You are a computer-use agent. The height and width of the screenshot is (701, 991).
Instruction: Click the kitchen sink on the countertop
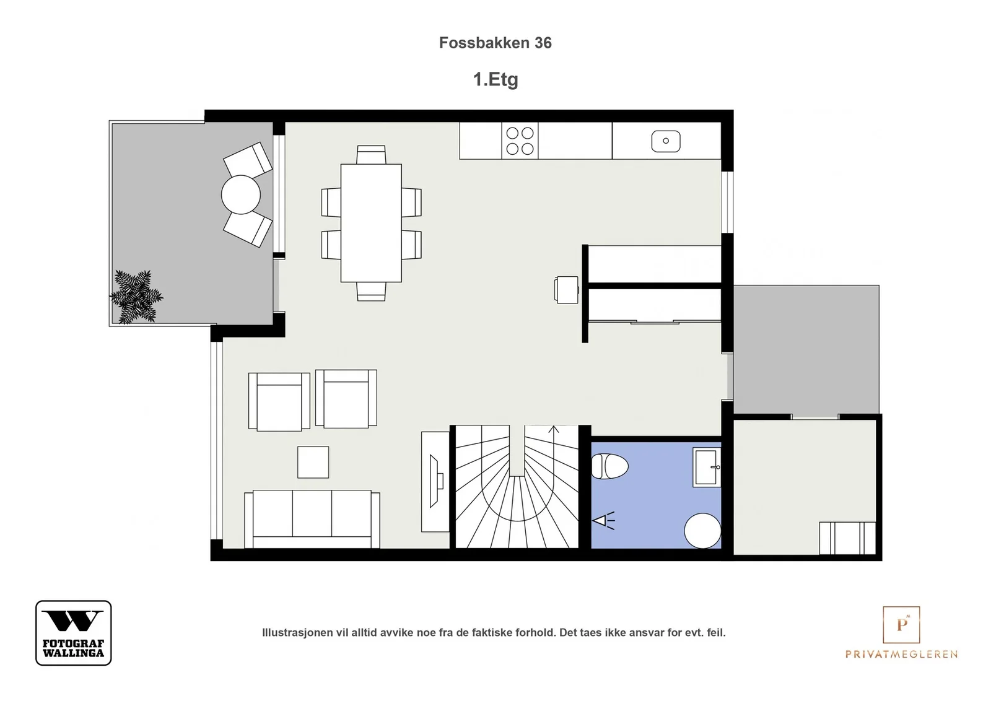click(x=665, y=141)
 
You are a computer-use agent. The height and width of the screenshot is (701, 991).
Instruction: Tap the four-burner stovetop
click(x=520, y=141)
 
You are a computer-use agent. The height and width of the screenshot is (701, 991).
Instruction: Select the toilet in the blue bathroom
click(x=609, y=466)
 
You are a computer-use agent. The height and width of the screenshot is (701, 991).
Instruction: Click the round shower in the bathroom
click(x=702, y=531)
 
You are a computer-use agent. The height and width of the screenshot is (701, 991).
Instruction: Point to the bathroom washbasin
click(x=707, y=467)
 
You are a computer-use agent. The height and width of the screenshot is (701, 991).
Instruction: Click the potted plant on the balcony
click(x=136, y=297)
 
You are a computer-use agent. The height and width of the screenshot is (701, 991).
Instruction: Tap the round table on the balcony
click(x=241, y=194)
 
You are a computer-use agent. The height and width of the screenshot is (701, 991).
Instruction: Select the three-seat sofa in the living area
click(x=312, y=519)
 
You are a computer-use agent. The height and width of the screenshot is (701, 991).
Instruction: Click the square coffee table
click(x=313, y=462)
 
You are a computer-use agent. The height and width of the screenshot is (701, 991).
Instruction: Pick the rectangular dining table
click(x=371, y=223)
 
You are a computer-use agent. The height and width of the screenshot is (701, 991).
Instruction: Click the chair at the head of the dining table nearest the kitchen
click(x=371, y=155)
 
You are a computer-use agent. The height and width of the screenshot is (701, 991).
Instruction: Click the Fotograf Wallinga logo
click(x=74, y=632)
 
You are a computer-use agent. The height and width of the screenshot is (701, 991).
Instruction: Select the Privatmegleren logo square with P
click(x=901, y=624)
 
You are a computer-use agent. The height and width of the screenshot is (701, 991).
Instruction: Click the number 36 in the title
click(x=543, y=43)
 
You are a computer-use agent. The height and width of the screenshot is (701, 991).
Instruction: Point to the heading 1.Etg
click(x=495, y=80)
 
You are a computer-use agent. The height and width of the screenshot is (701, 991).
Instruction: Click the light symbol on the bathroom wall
click(x=603, y=521)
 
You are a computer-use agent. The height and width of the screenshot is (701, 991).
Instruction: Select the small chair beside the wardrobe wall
click(x=567, y=290)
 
